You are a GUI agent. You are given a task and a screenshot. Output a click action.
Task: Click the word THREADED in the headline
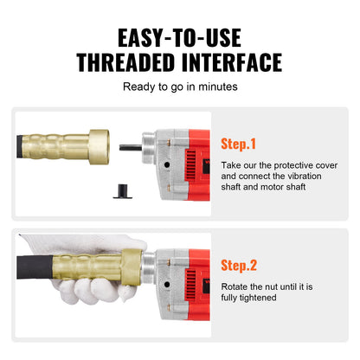coord(125,62)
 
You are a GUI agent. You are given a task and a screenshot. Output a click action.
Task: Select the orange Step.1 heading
coord(238,144)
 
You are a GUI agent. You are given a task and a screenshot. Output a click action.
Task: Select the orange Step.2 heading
coord(239,266)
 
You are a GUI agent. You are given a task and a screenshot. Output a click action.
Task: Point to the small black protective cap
coord(123,191)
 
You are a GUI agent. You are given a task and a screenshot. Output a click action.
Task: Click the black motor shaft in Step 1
coord(131,148)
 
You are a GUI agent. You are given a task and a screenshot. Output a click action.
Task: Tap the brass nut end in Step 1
coord(99,147)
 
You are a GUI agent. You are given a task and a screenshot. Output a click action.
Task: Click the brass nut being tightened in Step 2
coord(132,267)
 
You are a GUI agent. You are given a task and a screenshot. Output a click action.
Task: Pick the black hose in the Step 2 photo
coord(35,267)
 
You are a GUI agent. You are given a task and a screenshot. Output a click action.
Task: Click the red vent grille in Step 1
coord(190,164)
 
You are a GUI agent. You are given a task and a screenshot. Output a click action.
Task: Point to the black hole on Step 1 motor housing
coord(167,165)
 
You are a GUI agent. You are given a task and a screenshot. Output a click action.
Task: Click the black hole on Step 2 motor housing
coord(167,285)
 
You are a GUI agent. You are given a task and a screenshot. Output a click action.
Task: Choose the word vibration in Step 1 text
coord(305,176)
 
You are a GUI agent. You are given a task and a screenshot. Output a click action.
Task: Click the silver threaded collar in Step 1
coord(149,148)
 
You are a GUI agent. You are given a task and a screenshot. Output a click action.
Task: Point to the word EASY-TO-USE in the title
coord(179,38)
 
